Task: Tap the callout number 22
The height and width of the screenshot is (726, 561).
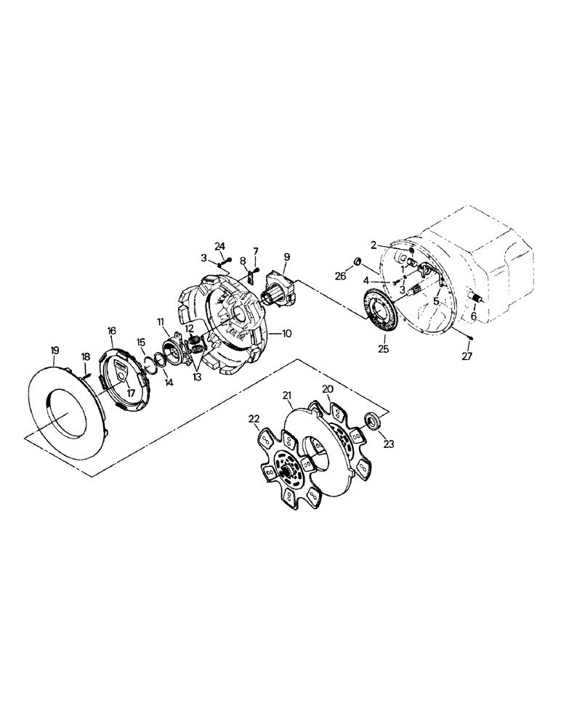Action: point(253,419)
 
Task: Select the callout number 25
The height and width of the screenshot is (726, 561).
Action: point(384,348)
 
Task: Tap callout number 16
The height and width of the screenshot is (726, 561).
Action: point(112,330)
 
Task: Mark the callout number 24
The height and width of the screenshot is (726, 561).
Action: point(220,246)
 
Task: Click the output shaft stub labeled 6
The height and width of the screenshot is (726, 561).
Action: point(477,300)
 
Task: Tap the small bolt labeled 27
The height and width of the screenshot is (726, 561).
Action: point(470,335)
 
